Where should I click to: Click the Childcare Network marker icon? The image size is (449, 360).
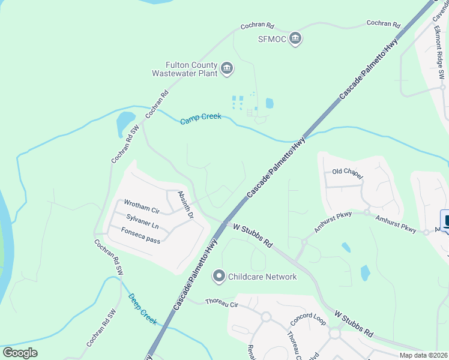pos(219,277)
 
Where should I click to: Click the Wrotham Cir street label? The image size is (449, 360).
pos(141,206)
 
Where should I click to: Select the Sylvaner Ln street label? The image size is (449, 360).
pos(142,221)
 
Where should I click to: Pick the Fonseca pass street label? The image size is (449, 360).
pos(140,235)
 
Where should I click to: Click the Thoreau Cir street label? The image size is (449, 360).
pos(222,304)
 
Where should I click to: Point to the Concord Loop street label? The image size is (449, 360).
pos(307,317)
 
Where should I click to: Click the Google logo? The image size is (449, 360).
pos(20,353)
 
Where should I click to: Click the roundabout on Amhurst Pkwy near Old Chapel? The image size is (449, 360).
pos(366,212)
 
